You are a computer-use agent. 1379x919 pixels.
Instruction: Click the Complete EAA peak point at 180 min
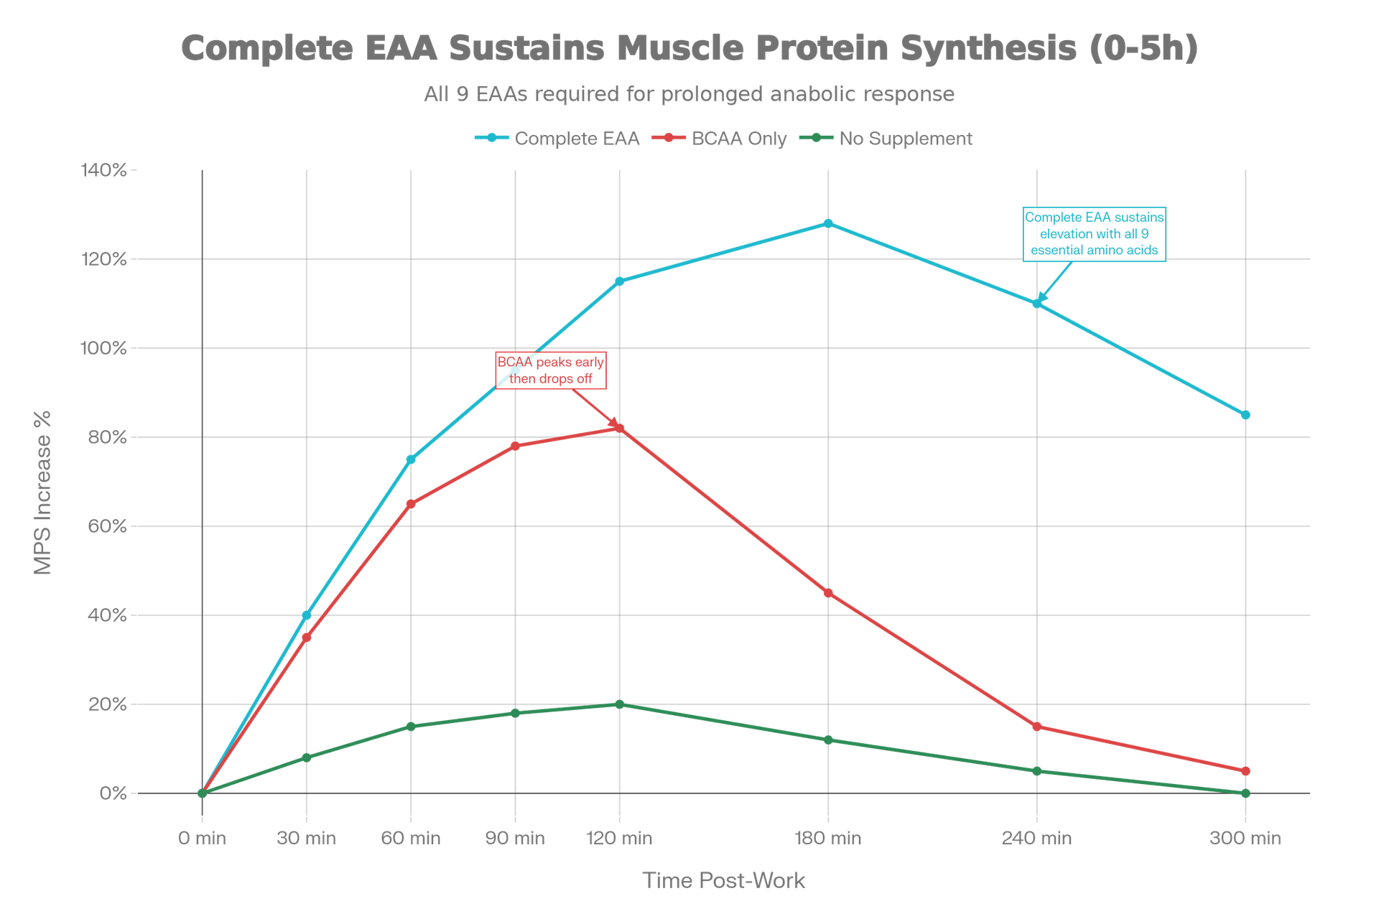point(828,223)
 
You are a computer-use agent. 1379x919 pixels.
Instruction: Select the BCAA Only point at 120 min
point(619,428)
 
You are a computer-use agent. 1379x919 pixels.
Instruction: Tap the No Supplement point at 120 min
point(619,704)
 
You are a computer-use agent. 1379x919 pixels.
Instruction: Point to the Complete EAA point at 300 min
point(1245,415)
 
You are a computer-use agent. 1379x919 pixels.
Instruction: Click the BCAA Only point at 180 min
point(828,593)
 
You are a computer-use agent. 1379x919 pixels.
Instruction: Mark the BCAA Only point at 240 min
point(1037,727)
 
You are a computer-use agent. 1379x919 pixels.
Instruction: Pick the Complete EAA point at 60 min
point(411,459)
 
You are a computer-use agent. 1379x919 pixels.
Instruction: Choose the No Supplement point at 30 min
point(307,757)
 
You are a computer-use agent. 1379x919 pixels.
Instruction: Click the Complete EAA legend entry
point(557,139)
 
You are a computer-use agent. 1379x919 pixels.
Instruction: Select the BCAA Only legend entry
point(720,139)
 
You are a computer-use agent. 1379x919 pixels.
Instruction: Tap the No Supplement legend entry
point(887,139)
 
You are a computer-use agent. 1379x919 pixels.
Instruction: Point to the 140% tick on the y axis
point(104,170)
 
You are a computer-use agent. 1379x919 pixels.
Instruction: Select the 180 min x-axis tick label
point(828,838)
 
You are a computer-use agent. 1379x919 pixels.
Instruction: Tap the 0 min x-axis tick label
point(202,838)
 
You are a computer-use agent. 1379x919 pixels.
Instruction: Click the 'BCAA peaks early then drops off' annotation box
point(551,370)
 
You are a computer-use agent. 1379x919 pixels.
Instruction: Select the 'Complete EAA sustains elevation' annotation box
point(1094,234)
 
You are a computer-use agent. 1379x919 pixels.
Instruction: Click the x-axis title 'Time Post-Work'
point(723,880)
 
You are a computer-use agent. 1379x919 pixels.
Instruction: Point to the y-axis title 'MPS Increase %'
point(43,493)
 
